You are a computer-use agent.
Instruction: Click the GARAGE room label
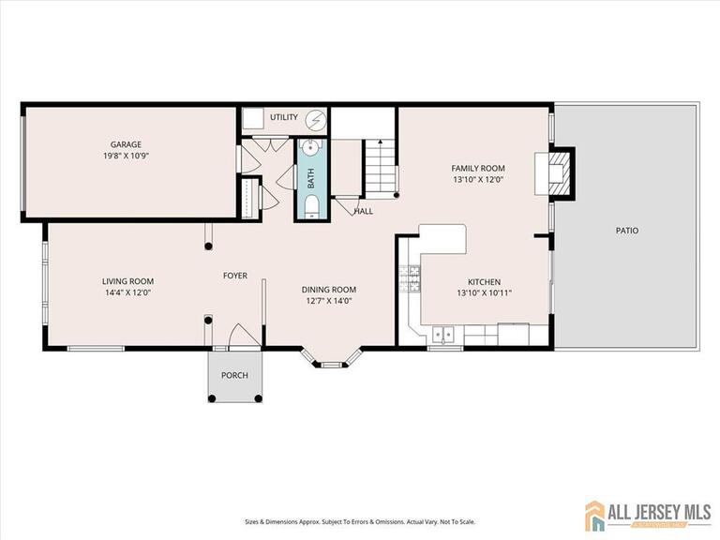point(126,144)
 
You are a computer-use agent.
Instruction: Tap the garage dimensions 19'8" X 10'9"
point(126,156)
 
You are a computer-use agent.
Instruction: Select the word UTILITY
point(283,117)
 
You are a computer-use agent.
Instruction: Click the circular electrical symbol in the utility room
point(317,120)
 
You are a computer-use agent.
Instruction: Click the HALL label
point(363,211)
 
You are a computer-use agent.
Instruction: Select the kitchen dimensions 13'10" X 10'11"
point(484,292)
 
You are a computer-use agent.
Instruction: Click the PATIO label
point(626,230)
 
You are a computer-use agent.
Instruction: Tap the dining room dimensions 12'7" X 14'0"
point(328,301)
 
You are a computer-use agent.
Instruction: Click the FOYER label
point(234,276)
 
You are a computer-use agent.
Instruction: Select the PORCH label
point(234,375)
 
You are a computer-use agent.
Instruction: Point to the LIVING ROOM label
point(127,280)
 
